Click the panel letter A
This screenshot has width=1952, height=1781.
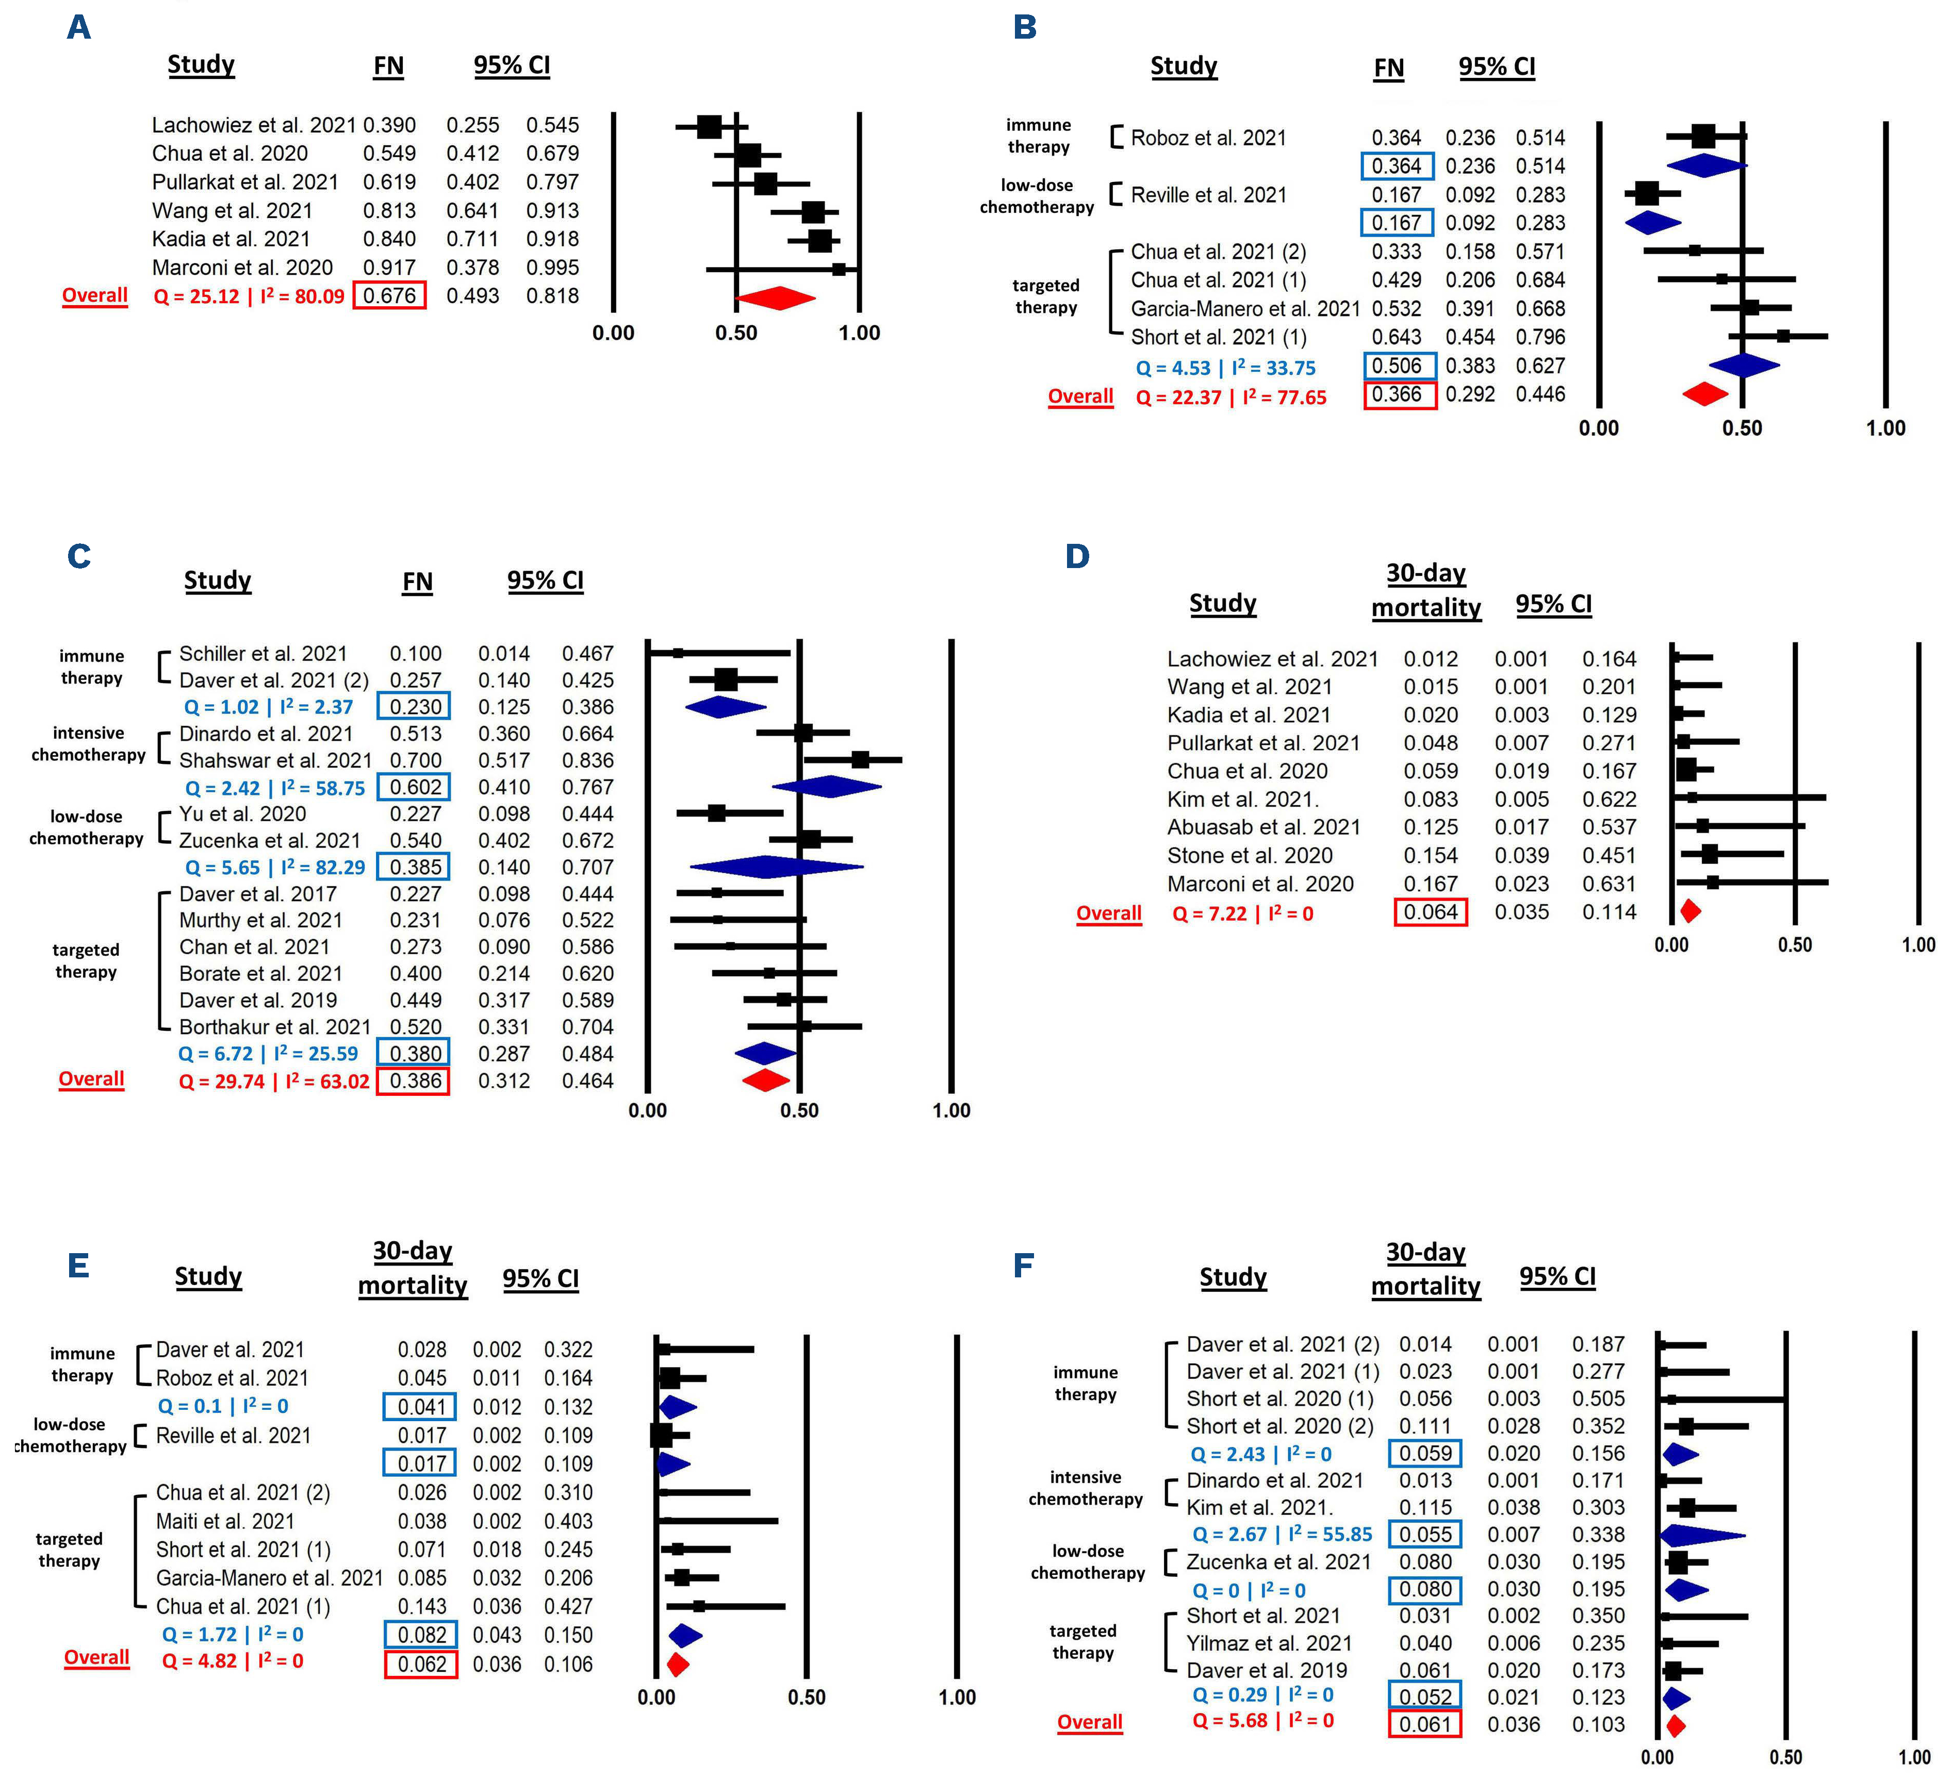pos(78,27)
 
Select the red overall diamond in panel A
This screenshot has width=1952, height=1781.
pos(777,297)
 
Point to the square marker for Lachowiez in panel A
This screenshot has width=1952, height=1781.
pos(709,126)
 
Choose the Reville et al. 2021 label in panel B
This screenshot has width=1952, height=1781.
pos(1208,194)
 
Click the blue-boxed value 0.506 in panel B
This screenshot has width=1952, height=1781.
pos(1397,366)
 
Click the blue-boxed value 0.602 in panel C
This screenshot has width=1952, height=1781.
pos(415,788)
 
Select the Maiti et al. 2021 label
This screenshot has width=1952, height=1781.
pos(225,1522)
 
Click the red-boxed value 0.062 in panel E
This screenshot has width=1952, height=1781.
pos(421,1664)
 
